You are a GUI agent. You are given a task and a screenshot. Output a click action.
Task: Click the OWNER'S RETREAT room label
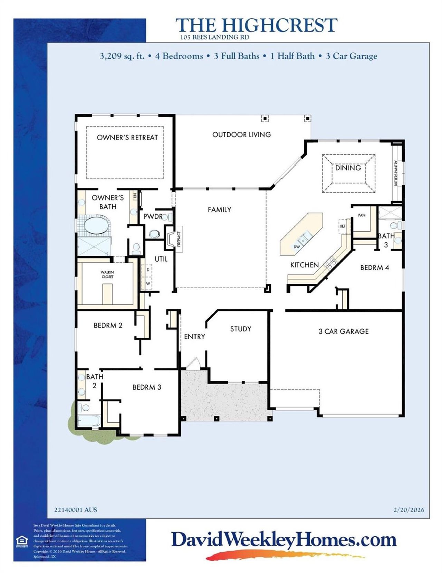(127, 138)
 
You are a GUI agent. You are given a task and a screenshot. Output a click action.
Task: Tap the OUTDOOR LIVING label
(241, 135)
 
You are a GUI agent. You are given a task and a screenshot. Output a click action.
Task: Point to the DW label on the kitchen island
(297, 247)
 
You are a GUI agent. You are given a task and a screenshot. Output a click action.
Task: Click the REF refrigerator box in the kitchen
(343, 226)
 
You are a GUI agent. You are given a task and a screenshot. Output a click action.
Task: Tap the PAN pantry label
(362, 215)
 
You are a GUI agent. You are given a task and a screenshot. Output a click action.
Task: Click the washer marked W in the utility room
(148, 283)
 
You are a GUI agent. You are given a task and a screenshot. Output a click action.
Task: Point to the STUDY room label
(241, 329)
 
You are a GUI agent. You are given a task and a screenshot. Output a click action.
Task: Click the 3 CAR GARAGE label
(344, 331)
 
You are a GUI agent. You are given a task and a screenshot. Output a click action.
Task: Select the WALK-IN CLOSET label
(107, 274)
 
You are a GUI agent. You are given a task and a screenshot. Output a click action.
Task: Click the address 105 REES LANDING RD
(214, 37)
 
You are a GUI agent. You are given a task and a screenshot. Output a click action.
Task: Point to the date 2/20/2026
(409, 510)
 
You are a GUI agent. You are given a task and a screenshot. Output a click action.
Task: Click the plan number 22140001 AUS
(76, 510)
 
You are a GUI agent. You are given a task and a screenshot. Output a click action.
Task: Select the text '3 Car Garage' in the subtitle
(352, 56)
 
